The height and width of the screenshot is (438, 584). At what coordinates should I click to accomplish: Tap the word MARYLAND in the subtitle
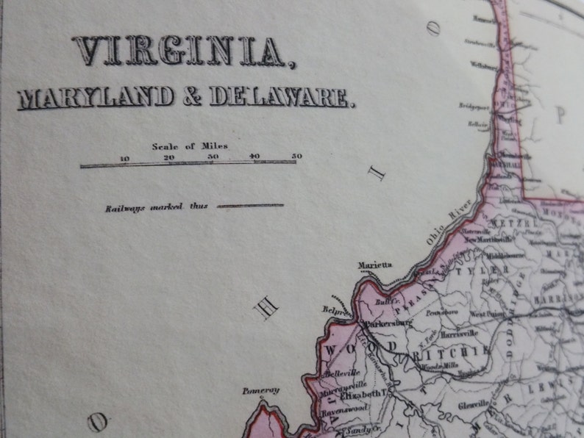(x=97, y=97)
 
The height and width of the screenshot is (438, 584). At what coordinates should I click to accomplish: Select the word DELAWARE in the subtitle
(x=282, y=97)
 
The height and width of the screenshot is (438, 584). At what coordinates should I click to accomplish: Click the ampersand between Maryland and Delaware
(x=193, y=97)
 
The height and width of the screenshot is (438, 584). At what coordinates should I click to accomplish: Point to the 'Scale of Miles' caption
(x=190, y=146)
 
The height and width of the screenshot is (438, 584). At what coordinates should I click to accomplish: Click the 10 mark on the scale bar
(x=125, y=157)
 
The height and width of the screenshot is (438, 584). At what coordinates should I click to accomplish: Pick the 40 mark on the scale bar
(x=254, y=157)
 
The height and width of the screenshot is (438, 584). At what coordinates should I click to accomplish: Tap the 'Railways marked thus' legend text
(x=156, y=207)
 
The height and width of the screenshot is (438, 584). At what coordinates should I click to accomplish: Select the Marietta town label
(x=375, y=265)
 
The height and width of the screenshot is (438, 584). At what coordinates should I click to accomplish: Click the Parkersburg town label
(x=390, y=322)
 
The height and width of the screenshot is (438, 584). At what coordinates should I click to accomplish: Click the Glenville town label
(x=472, y=403)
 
